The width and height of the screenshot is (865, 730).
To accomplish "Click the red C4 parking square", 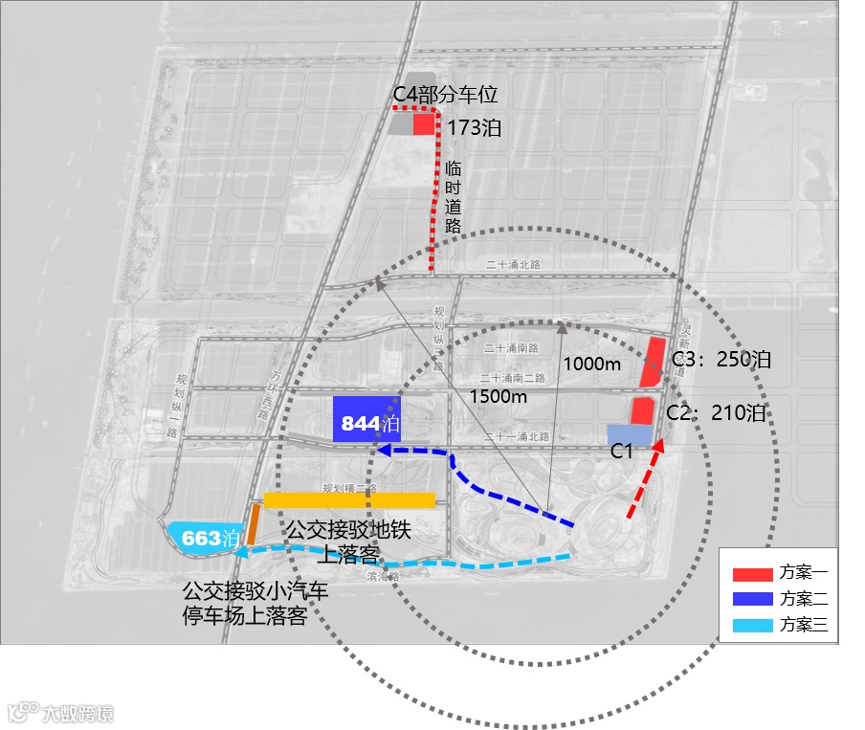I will [x=424, y=124].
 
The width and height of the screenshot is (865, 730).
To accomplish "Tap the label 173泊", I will [x=474, y=128].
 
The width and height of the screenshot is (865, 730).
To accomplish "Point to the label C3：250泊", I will [x=721, y=360].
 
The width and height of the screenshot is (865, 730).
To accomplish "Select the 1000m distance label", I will [x=591, y=364].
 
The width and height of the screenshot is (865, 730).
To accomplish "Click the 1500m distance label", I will [x=498, y=396].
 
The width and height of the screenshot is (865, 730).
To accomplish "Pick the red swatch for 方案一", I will [x=751, y=575].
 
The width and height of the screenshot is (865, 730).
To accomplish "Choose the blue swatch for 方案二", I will [x=751, y=601].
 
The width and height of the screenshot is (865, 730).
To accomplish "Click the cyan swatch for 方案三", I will [x=751, y=627].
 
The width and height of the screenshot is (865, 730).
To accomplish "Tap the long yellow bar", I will [x=349, y=499].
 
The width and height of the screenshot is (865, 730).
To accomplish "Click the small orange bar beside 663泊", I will [x=254, y=524].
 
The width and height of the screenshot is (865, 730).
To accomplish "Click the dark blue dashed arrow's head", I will [x=380, y=450].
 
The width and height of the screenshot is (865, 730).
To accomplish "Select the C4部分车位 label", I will [x=446, y=96].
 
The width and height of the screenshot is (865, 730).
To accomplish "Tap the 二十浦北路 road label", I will [x=513, y=264].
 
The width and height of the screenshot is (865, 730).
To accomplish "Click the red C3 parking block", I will [x=654, y=363].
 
